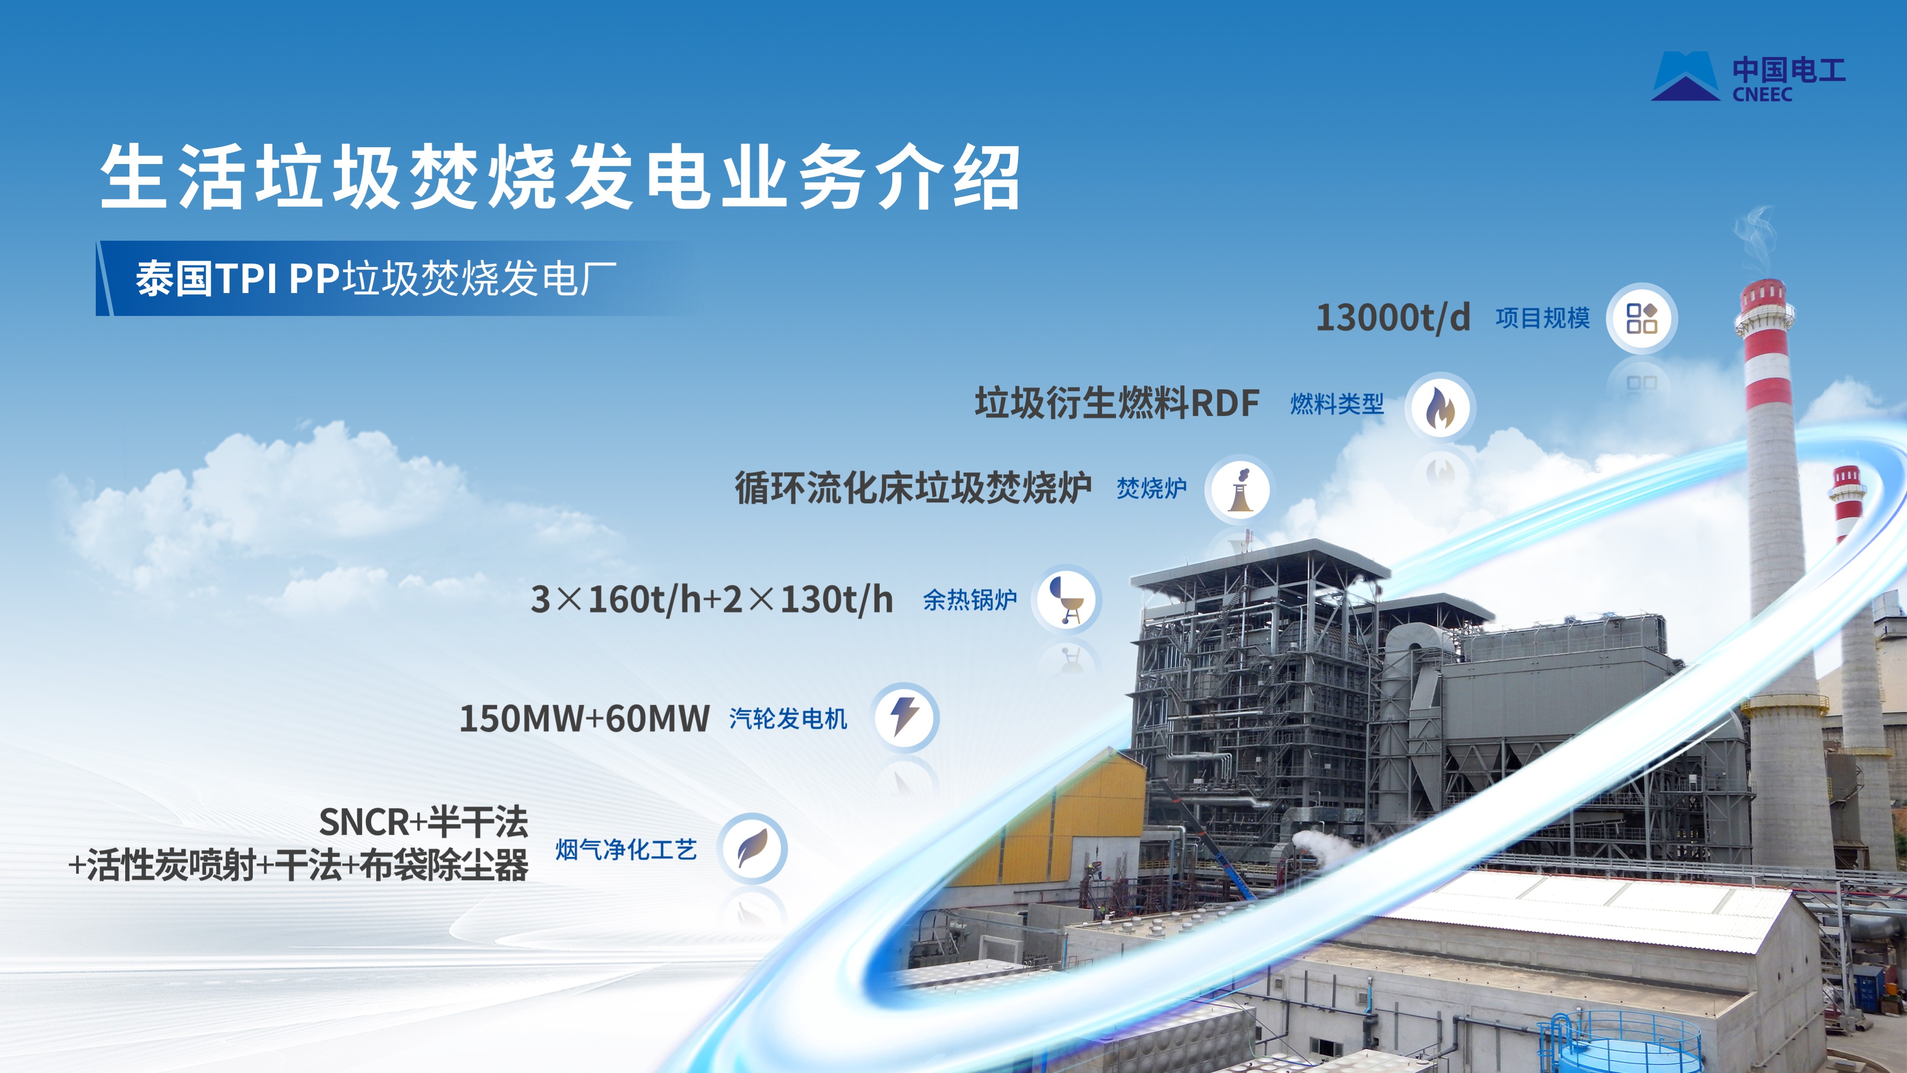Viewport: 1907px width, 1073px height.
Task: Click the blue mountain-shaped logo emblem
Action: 1686,76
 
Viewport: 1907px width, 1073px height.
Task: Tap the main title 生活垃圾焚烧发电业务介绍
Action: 561,177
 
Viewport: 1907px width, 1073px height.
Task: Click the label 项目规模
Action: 1542,318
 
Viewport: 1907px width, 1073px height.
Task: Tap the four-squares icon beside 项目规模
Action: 1641,318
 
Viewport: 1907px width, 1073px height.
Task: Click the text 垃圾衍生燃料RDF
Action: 1117,404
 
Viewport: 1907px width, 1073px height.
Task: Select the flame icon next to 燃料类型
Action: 1440,407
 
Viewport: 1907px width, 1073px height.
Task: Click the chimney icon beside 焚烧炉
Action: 1240,489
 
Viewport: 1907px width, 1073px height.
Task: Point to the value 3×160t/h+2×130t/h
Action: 712,600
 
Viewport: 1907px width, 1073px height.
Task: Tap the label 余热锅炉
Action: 970,600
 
